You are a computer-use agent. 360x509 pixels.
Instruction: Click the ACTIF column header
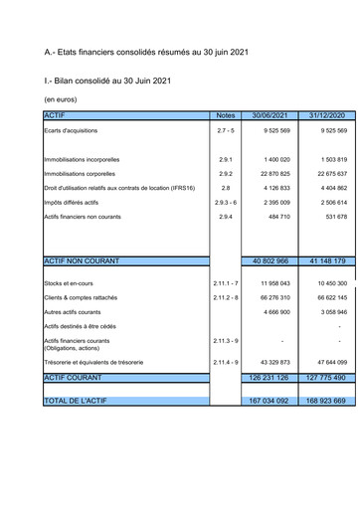click(x=56, y=115)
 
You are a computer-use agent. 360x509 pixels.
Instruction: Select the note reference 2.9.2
click(x=225, y=173)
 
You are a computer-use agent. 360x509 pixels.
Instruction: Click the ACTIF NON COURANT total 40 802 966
click(x=270, y=260)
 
